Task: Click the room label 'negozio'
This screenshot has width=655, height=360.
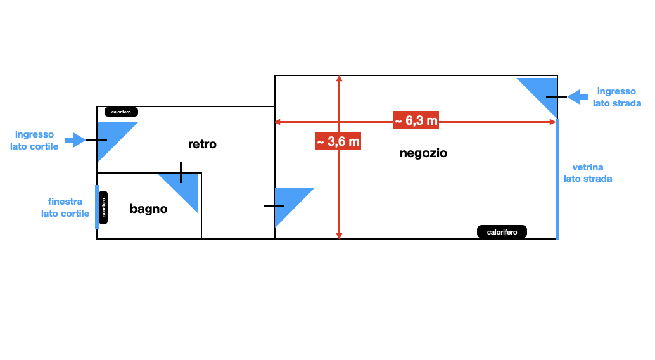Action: pos(423,153)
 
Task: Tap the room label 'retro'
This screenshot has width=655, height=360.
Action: pos(202,145)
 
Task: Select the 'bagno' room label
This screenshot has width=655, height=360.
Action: pos(148,209)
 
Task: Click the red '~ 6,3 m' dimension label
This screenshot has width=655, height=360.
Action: pos(416,120)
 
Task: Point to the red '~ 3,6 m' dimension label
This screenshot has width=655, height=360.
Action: pos(338,141)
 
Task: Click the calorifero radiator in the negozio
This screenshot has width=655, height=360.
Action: pos(502,232)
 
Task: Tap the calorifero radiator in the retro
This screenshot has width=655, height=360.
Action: pos(121,112)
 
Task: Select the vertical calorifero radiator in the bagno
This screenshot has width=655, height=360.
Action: pos(103,207)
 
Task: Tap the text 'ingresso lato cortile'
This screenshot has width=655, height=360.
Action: pos(34,140)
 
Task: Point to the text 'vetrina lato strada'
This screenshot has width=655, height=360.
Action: pos(588,173)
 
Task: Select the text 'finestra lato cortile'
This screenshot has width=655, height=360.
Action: pos(65,207)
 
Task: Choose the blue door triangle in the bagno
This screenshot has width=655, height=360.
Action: pos(186,188)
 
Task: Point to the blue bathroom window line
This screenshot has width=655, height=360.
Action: pos(97,207)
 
